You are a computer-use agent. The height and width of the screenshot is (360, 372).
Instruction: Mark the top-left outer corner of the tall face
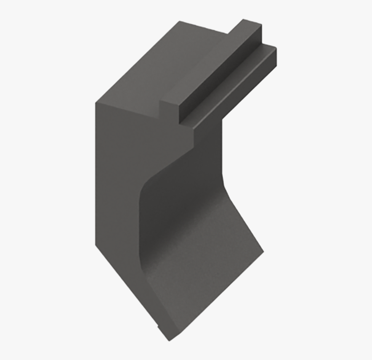[96, 103]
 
